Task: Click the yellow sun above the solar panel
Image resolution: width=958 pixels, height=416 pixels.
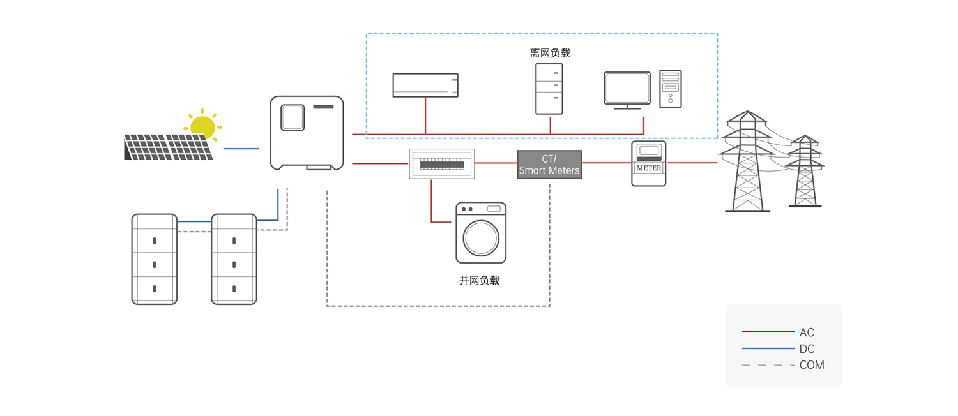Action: point(202,125)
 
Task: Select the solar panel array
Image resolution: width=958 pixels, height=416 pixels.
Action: point(168,147)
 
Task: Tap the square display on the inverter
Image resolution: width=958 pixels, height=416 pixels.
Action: point(292,117)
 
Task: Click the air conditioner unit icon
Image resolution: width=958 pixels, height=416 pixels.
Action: point(425,85)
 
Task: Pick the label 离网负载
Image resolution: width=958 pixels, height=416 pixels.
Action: point(550,53)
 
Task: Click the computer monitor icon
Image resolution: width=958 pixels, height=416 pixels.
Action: point(627,88)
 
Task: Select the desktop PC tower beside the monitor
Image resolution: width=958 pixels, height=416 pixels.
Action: point(670,88)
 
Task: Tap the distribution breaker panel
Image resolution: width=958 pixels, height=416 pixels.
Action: point(441,163)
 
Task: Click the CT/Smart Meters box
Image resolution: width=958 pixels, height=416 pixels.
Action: point(549,165)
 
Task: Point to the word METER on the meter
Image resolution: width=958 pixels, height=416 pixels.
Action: point(649,168)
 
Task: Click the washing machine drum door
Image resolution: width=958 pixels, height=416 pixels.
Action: point(481,237)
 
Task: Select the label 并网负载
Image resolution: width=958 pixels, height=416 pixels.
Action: point(479,280)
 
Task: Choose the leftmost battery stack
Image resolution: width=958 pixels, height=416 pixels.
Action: point(154,258)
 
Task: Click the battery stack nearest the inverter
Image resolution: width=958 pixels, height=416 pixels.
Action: point(234,258)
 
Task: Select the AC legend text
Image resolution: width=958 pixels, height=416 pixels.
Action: point(807,332)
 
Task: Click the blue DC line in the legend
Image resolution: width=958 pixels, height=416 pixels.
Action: point(768,348)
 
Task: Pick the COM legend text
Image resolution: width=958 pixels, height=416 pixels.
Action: point(812,365)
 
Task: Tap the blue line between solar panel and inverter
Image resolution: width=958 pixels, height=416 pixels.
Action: point(241,149)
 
